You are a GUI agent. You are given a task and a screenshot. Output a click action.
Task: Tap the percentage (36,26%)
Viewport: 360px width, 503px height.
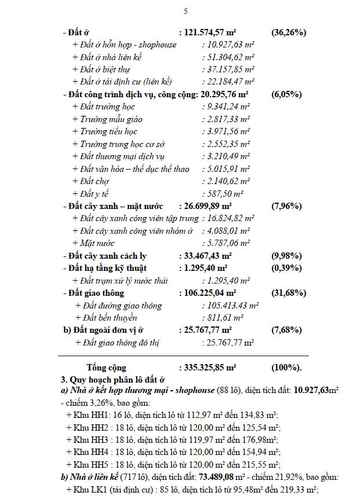pyautogui.click(x=288, y=32)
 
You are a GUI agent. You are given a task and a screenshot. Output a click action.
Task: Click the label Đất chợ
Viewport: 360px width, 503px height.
pyautogui.click(x=93, y=181)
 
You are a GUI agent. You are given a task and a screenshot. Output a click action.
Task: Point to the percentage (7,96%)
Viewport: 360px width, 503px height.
pyautogui.click(x=286, y=206)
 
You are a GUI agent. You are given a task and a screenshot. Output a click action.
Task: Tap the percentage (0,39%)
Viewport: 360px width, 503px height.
pyautogui.click(x=286, y=268)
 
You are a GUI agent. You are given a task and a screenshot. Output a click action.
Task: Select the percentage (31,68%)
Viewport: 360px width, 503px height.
pyautogui.click(x=288, y=293)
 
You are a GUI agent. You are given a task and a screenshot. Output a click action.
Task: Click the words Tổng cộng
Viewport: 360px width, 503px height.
pyautogui.click(x=106, y=368)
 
